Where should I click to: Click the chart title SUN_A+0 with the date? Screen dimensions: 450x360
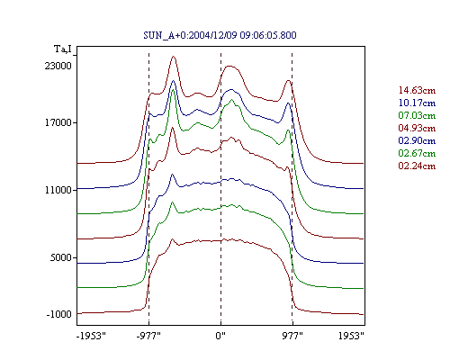click(x=220, y=35)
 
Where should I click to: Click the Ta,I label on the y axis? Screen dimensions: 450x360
click(x=63, y=49)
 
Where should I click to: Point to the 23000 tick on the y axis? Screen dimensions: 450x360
click(x=58, y=66)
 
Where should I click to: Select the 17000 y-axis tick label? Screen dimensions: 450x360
click(x=58, y=122)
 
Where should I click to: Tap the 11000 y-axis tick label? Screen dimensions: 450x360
click(x=58, y=190)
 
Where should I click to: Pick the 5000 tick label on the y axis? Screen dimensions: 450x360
click(x=60, y=257)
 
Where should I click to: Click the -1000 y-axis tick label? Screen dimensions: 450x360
click(x=58, y=314)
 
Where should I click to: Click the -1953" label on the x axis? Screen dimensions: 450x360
click(x=91, y=336)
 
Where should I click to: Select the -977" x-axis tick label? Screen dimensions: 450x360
click(x=148, y=336)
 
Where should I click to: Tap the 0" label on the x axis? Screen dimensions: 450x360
click(x=220, y=336)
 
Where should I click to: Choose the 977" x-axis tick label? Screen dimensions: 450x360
click(x=292, y=336)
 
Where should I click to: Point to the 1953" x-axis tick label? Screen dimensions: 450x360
click(x=351, y=336)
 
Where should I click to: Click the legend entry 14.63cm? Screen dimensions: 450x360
click(x=417, y=90)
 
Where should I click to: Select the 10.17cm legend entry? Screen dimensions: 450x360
click(x=417, y=103)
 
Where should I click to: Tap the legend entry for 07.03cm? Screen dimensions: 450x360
click(x=417, y=115)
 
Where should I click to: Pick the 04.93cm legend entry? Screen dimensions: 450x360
click(x=417, y=128)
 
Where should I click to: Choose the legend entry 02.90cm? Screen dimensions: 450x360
click(x=417, y=140)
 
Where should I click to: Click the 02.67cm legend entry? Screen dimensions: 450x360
click(x=417, y=153)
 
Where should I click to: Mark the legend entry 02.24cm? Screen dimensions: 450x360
click(x=417, y=166)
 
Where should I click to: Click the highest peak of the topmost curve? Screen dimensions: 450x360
click(x=173, y=57)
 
